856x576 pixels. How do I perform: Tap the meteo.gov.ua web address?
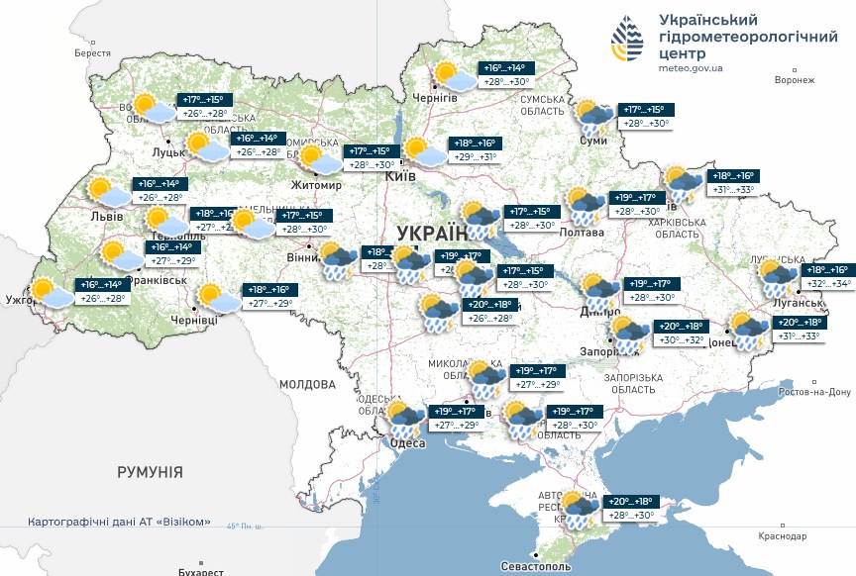pos(690,68)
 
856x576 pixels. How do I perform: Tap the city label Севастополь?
pos(536,567)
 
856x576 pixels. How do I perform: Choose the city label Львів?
pos(106,216)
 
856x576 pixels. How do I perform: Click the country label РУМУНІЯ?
pos(150,472)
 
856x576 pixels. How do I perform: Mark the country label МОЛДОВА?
pos(307,384)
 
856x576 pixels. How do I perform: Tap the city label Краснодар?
pos(782,535)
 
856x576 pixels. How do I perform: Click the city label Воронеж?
pos(794,80)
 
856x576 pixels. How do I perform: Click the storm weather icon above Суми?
pos(595,116)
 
